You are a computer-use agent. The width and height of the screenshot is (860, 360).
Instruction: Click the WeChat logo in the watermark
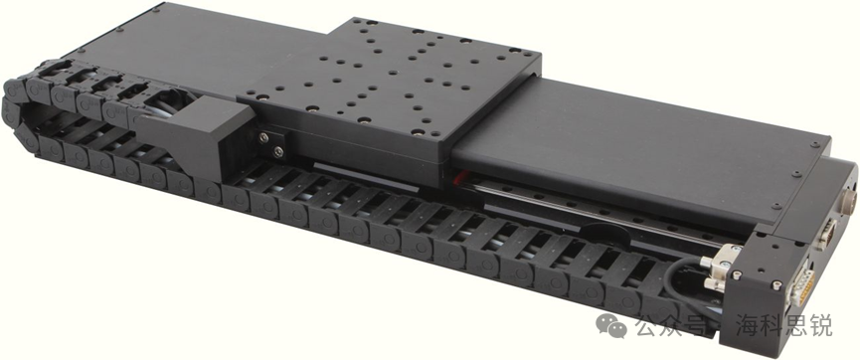611,326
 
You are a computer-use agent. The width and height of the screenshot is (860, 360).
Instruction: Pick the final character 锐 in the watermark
821,325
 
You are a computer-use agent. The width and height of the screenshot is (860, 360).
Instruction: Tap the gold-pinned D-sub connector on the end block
800,288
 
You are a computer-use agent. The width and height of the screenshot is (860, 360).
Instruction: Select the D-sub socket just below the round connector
825,234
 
